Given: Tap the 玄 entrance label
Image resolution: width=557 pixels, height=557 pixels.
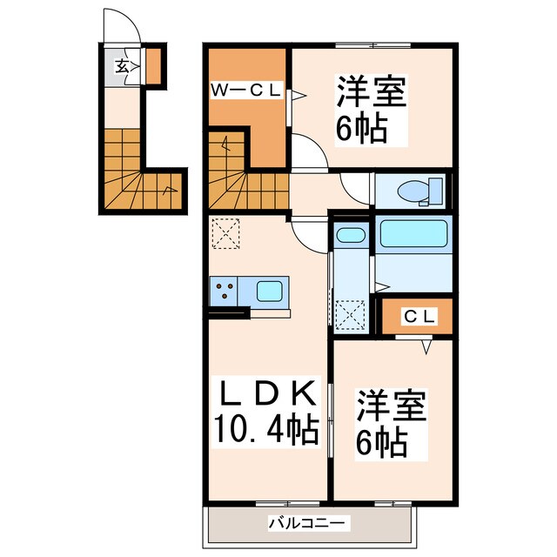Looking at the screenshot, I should pos(123,65).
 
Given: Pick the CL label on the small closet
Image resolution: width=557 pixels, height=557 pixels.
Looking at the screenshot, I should pos(417,317).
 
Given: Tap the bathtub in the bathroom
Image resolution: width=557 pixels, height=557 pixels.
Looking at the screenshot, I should pos(413,235).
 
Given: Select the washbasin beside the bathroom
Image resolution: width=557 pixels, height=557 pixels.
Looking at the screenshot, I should pos(351,235).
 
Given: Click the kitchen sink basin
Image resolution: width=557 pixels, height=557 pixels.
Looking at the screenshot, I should pos(271,291).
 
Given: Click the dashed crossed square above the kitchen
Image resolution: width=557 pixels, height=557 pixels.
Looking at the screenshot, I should pos(225,232).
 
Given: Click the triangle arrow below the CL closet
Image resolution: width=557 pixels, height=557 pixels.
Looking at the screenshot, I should pos(426,347).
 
